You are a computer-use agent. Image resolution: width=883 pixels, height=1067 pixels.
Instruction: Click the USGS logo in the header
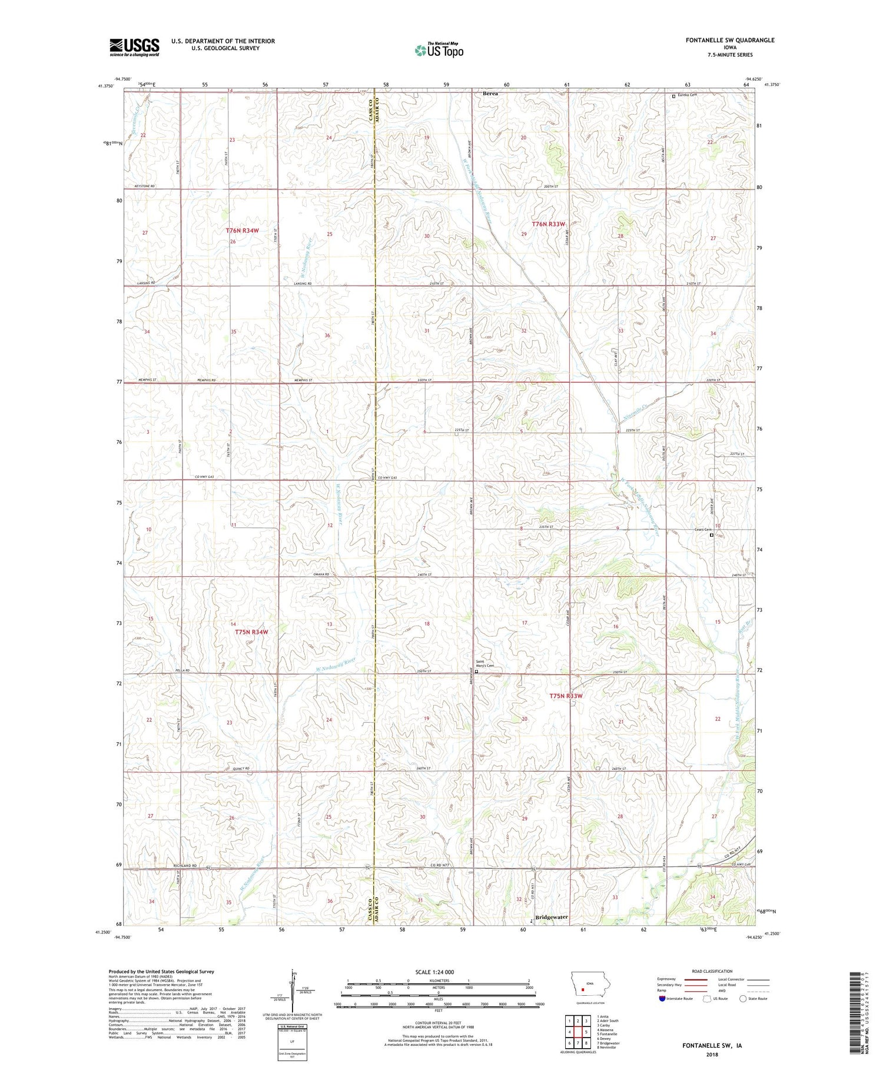point(134,46)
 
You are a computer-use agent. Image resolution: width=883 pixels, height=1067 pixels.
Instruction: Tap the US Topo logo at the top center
point(439,51)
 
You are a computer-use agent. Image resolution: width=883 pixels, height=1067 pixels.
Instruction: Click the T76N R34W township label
point(242,231)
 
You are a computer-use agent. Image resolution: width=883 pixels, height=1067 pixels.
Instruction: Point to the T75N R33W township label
point(565,696)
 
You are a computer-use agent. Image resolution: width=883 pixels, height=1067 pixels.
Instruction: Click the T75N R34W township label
point(251,632)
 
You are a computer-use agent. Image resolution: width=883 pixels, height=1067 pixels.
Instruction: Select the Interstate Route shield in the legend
point(662,999)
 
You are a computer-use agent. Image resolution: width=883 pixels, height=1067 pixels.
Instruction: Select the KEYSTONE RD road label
point(144,186)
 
